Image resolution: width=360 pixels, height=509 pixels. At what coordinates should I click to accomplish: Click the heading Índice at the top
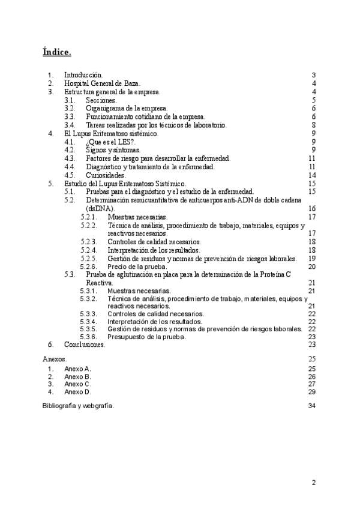(57, 52)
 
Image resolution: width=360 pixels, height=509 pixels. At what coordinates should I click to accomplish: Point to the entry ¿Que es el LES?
(111, 142)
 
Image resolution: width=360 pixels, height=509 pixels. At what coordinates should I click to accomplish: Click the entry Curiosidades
(106, 175)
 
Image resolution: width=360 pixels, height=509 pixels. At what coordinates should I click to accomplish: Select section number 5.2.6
(88, 267)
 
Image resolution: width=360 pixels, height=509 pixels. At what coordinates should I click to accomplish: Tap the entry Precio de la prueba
(136, 267)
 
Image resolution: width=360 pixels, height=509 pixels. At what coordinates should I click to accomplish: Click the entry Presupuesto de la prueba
(146, 337)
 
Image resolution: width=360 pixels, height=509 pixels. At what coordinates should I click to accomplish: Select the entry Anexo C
(77, 384)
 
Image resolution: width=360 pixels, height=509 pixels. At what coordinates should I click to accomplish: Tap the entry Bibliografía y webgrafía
(78, 406)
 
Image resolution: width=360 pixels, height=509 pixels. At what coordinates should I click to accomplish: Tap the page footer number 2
(314, 482)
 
